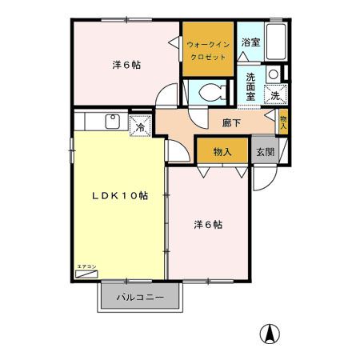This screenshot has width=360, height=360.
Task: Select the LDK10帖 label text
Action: pos(118,195)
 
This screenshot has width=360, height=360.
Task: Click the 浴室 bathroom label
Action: pos(250,42)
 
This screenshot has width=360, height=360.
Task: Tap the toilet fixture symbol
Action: pos(211,90)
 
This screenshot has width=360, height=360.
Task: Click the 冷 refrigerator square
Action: pos(140,126)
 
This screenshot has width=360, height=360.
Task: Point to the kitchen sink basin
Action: pos(113,122)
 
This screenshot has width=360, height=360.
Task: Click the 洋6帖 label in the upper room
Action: pos(126,65)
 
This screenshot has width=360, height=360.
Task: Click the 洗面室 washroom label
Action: pos(250,87)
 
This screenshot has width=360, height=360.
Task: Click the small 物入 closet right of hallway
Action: pos(282,121)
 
